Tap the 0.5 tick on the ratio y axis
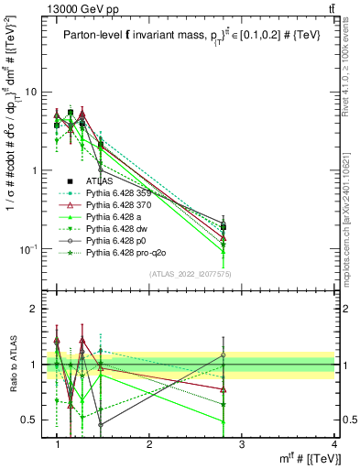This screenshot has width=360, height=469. point(34,420)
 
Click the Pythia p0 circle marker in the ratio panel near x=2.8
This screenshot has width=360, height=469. point(224,354)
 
